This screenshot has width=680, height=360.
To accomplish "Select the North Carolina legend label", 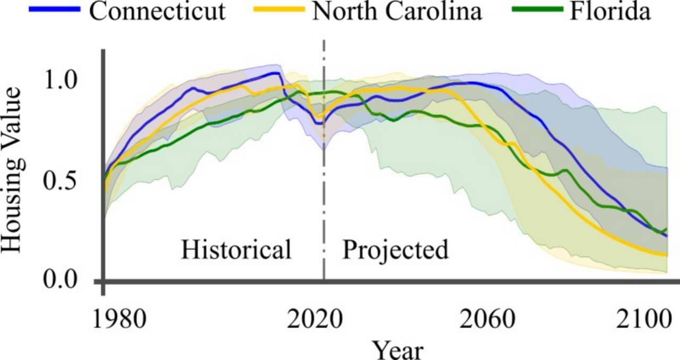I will (397, 12).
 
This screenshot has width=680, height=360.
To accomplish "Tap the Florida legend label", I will (610, 12).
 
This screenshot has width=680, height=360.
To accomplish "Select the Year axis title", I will (397, 349).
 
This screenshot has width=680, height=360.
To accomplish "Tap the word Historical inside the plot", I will (236, 250).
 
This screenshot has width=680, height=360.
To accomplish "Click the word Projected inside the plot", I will (395, 250).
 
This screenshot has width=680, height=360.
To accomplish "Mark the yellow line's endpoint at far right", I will (666, 255).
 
